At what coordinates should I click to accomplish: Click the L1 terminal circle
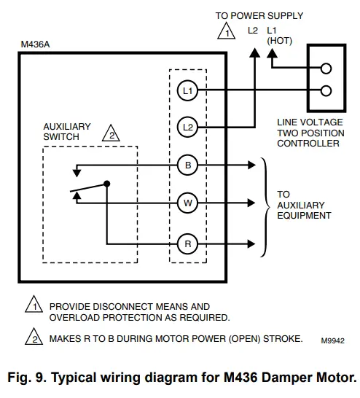point(187,90)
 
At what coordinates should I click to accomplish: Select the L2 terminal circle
point(187,127)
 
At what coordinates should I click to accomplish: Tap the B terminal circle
point(187,165)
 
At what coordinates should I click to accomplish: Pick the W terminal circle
point(187,203)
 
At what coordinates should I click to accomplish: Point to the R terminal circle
point(187,243)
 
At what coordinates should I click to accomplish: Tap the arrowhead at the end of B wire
point(254,165)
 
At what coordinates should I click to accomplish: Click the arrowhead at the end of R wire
point(254,243)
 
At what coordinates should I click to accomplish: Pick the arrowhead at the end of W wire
point(254,203)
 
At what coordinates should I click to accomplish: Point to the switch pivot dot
point(107,184)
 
